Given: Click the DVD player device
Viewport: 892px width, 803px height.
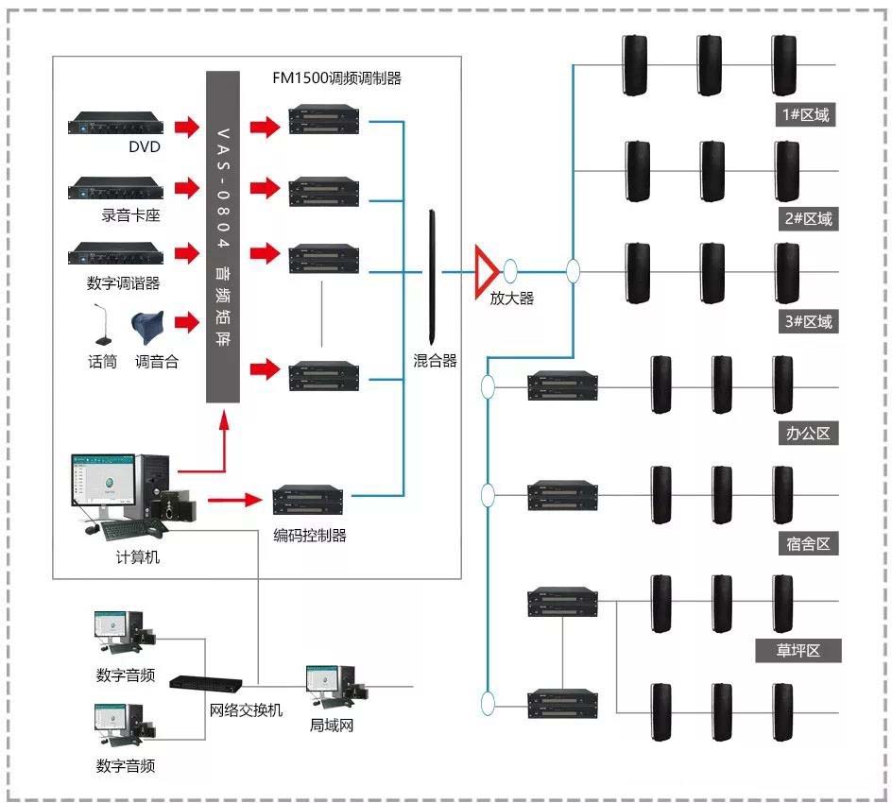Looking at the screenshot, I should click(x=115, y=124).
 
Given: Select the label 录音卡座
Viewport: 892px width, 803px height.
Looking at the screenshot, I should click(x=131, y=215).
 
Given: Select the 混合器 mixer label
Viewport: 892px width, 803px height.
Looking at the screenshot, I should click(x=435, y=360).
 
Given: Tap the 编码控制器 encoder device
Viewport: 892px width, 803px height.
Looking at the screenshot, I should click(x=311, y=499).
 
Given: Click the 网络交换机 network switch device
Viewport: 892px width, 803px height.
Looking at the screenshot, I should click(x=210, y=681).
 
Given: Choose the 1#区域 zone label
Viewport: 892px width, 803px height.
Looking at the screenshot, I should click(x=806, y=115).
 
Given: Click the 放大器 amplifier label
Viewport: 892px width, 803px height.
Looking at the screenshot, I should click(x=511, y=299).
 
